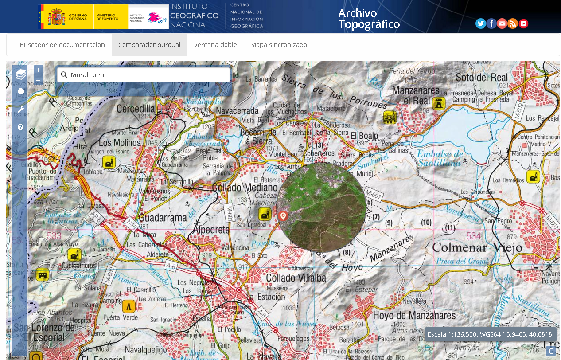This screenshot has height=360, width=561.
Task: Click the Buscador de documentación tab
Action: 62,45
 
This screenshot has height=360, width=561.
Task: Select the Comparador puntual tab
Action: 149,45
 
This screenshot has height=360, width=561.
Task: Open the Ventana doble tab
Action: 215,45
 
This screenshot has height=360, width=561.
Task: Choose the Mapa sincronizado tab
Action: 278,45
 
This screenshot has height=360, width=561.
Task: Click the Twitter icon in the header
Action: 480,23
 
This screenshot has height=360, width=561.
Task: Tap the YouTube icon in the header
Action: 523,23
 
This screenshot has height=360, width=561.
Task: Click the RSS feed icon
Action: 513,23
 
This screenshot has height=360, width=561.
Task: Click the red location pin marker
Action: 283,216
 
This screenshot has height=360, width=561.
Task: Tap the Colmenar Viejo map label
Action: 477,247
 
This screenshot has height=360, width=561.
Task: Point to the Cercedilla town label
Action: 136,108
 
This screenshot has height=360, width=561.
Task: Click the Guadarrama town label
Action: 163,218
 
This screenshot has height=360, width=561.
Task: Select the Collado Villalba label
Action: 296,278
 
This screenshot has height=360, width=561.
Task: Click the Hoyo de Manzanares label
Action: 414,316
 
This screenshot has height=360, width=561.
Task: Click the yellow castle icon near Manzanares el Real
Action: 439,103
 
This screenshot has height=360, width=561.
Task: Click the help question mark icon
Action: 20,127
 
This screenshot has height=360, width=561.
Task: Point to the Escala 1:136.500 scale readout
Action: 491,334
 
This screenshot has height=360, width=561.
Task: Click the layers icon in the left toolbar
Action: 20,74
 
